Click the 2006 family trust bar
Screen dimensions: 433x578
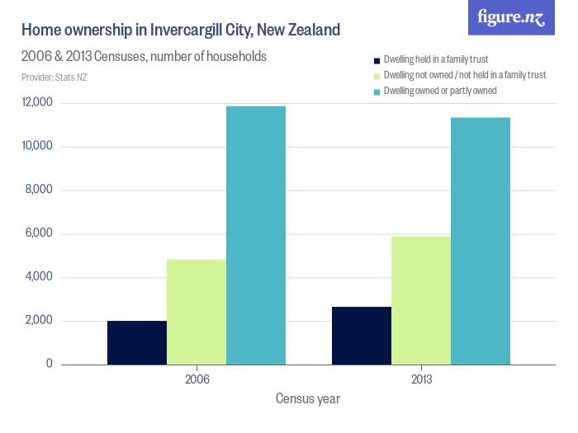[137, 342]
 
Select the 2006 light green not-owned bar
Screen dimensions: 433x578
[197, 312]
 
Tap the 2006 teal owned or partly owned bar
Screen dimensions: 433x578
[256, 235]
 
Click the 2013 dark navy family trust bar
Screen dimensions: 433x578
[362, 335]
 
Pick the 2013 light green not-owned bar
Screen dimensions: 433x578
[421, 300]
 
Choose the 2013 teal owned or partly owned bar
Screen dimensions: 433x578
[481, 241]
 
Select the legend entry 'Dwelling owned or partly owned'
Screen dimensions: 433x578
[439, 90]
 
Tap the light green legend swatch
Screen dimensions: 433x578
[377, 75]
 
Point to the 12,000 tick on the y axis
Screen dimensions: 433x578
[37, 103]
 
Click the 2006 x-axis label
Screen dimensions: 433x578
[197, 380]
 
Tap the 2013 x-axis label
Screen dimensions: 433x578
[421, 380]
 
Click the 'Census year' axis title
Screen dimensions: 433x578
[308, 398]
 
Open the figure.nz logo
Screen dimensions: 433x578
[511, 17]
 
